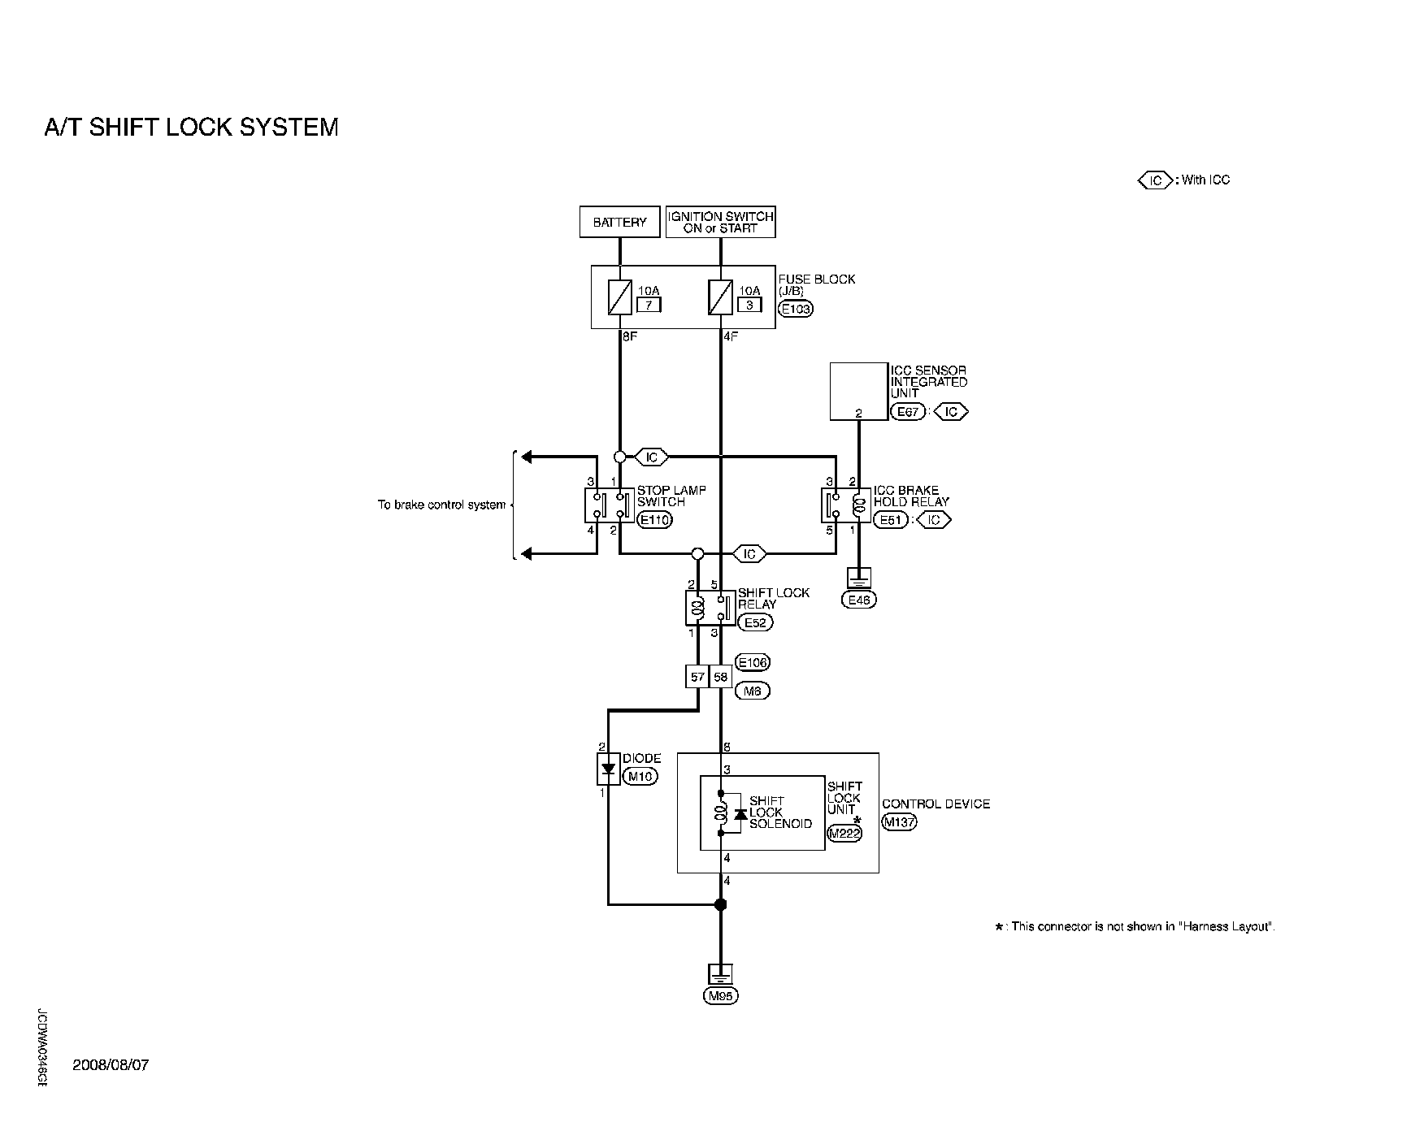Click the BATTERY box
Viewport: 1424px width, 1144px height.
click(619, 222)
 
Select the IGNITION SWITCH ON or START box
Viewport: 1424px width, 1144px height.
click(720, 222)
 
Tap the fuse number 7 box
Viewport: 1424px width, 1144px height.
click(649, 305)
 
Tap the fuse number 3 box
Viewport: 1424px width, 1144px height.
click(749, 305)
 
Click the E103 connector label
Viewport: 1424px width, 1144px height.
click(795, 309)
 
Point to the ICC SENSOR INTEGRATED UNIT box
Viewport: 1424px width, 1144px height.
click(858, 391)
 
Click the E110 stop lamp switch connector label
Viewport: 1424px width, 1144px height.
click(655, 520)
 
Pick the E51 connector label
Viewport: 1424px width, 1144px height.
click(891, 520)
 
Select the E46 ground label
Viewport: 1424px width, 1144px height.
click(858, 600)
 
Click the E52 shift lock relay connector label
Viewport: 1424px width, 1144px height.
click(756, 622)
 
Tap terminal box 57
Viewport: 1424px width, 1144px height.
click(697, 676)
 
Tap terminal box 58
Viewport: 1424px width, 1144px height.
click(721, 676)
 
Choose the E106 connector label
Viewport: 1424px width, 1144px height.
click(752, 662)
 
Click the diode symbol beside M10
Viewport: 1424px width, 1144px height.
click(608, 769)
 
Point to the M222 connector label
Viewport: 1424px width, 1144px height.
click(844, 833)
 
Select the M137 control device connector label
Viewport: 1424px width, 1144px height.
click(899, 821)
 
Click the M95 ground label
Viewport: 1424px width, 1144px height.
click(720, 996)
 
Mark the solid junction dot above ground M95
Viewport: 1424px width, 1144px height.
click(720, 904)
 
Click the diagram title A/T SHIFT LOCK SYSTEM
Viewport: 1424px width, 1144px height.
click(191, 128)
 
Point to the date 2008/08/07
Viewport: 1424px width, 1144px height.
click(111, 1065)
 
